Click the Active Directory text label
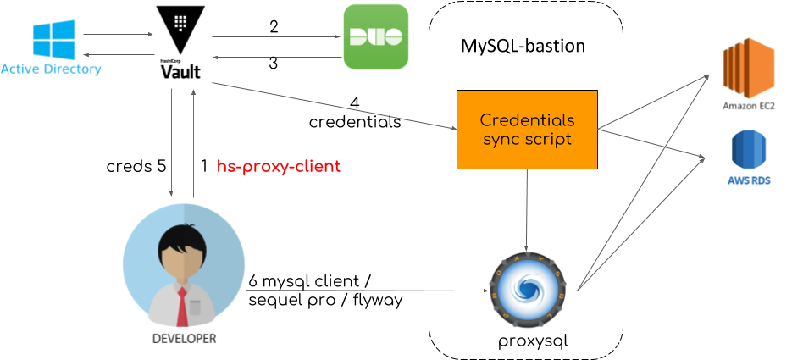coord(51,69)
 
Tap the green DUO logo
coord(375,37)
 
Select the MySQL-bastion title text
coord(523,46)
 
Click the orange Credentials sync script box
coord(527,129)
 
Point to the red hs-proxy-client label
coord(279,167)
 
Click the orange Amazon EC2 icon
coord(748,72)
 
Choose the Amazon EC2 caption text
coord(749,107)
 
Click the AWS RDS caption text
coord(749,180)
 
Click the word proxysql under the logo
coord(532,341)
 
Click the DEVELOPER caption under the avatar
coord(184,338)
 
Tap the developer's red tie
coord(181,307)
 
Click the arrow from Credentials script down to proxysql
coord(528,212)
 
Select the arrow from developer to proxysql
coord(373,291)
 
